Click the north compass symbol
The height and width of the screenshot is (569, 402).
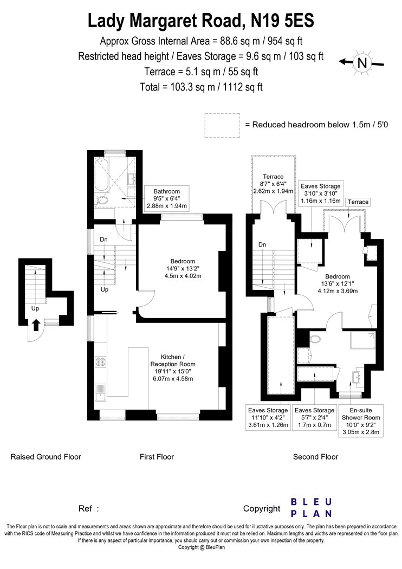[x=362, y=63]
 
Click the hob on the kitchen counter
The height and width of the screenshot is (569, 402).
[x=101, y=361]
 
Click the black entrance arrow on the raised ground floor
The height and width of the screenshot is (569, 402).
[x=36, y=325]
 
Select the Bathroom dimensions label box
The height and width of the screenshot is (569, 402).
[x=166, y=198]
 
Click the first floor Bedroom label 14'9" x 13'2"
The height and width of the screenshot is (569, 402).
[x=183, y=269]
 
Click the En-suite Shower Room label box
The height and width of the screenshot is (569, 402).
[x=361, y=421]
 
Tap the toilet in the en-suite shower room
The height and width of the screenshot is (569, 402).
[x=315, y=339]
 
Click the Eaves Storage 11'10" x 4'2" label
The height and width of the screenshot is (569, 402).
[x=268, y=417]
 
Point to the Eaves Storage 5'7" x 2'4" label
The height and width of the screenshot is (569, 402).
[x=315, y=417]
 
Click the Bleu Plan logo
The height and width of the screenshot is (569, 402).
[x=312, y=508]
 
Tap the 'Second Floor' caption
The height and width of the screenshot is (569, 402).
[x=316, y=457]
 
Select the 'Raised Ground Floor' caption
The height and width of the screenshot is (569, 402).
[x=46, y=457]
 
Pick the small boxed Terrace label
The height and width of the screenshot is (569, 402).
[x=358, y=202]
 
